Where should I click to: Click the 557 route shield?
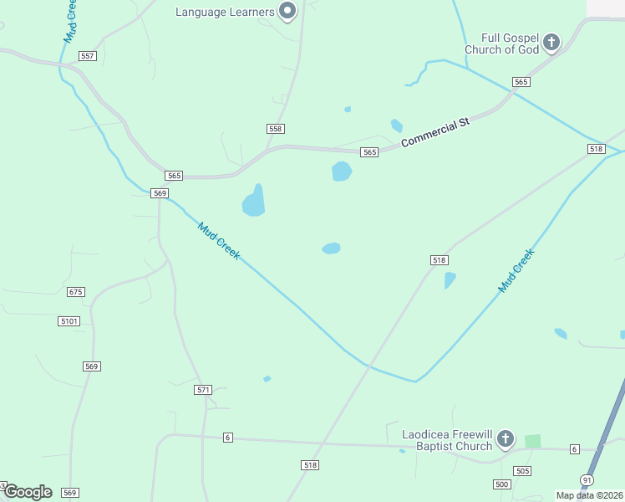[88, 56]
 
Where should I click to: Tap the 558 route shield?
[276, 129]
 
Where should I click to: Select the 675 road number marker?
[76, 292]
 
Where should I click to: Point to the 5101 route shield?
[69, 321]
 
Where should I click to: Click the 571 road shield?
[203, 390]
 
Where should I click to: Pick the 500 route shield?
[501, 484]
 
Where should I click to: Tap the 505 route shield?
[522, 471]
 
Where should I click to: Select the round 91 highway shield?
[587, 480]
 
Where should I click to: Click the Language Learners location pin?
[288, 11]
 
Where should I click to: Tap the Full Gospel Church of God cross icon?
[551, 42]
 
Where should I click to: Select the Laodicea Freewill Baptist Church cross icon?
[505, 439]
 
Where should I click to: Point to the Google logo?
[28, 492]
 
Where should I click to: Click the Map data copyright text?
[589, 495]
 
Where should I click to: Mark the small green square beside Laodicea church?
[532, 441]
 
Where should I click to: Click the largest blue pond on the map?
[254, 202]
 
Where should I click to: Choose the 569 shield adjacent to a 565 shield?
[160, 193]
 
